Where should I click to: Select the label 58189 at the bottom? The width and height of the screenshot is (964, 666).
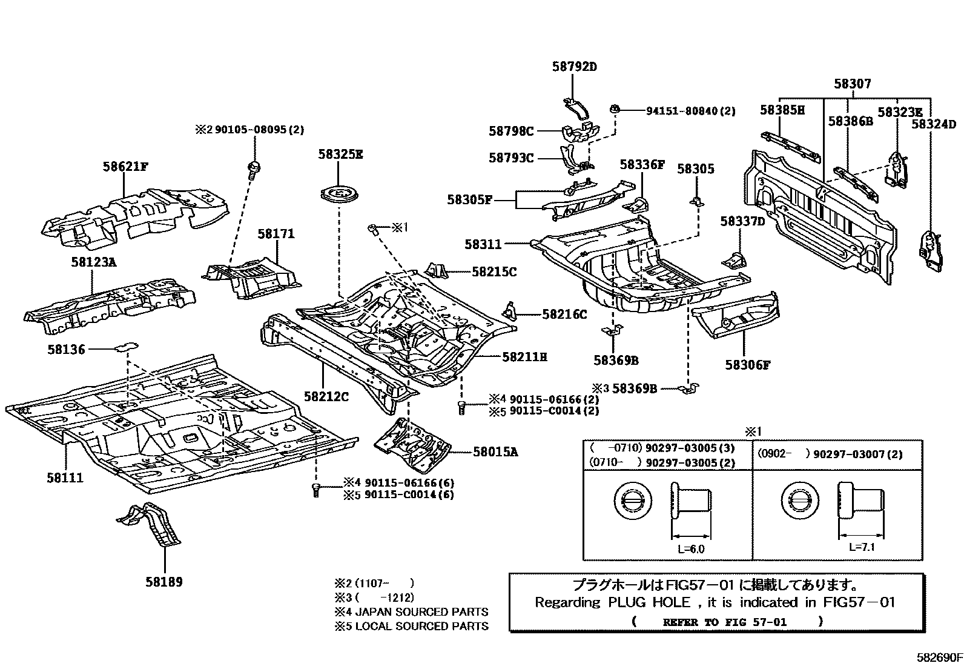click(163, 582)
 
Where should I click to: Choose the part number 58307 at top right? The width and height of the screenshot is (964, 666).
click(852, 84)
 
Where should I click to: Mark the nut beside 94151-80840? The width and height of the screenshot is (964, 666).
click(615, 109)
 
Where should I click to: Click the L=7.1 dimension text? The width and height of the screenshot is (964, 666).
click(862, 547)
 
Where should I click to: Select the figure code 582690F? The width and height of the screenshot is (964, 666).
click(939, 657)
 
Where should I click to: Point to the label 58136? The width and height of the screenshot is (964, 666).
click(66, 349)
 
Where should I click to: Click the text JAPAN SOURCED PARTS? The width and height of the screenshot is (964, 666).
click(421, 612)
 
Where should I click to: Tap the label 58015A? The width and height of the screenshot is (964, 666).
click(495, 451)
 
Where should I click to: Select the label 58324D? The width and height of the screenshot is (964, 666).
click(933, 124)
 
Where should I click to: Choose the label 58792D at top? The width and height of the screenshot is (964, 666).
click(574, 67)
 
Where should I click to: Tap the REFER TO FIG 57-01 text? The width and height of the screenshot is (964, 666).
click(724, 622)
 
